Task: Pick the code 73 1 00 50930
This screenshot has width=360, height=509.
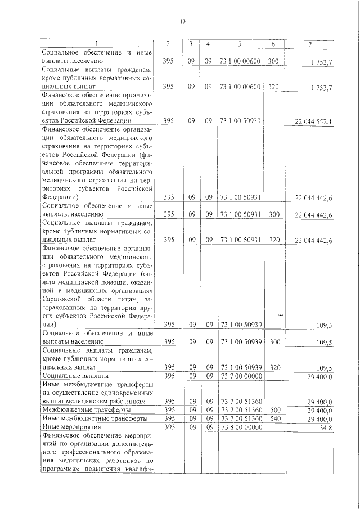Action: (x=240, y=120)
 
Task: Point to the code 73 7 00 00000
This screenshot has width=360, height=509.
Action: (x=240, y=376)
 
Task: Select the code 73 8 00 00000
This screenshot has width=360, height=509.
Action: (x=240, y=428)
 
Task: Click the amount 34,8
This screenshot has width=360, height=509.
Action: (x=325, y=429)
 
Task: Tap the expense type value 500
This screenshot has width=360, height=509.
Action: (x=273, y=411)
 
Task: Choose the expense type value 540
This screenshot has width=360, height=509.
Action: (x=273, y=419)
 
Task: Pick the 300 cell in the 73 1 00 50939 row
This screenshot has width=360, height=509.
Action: (x=273, y=341)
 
